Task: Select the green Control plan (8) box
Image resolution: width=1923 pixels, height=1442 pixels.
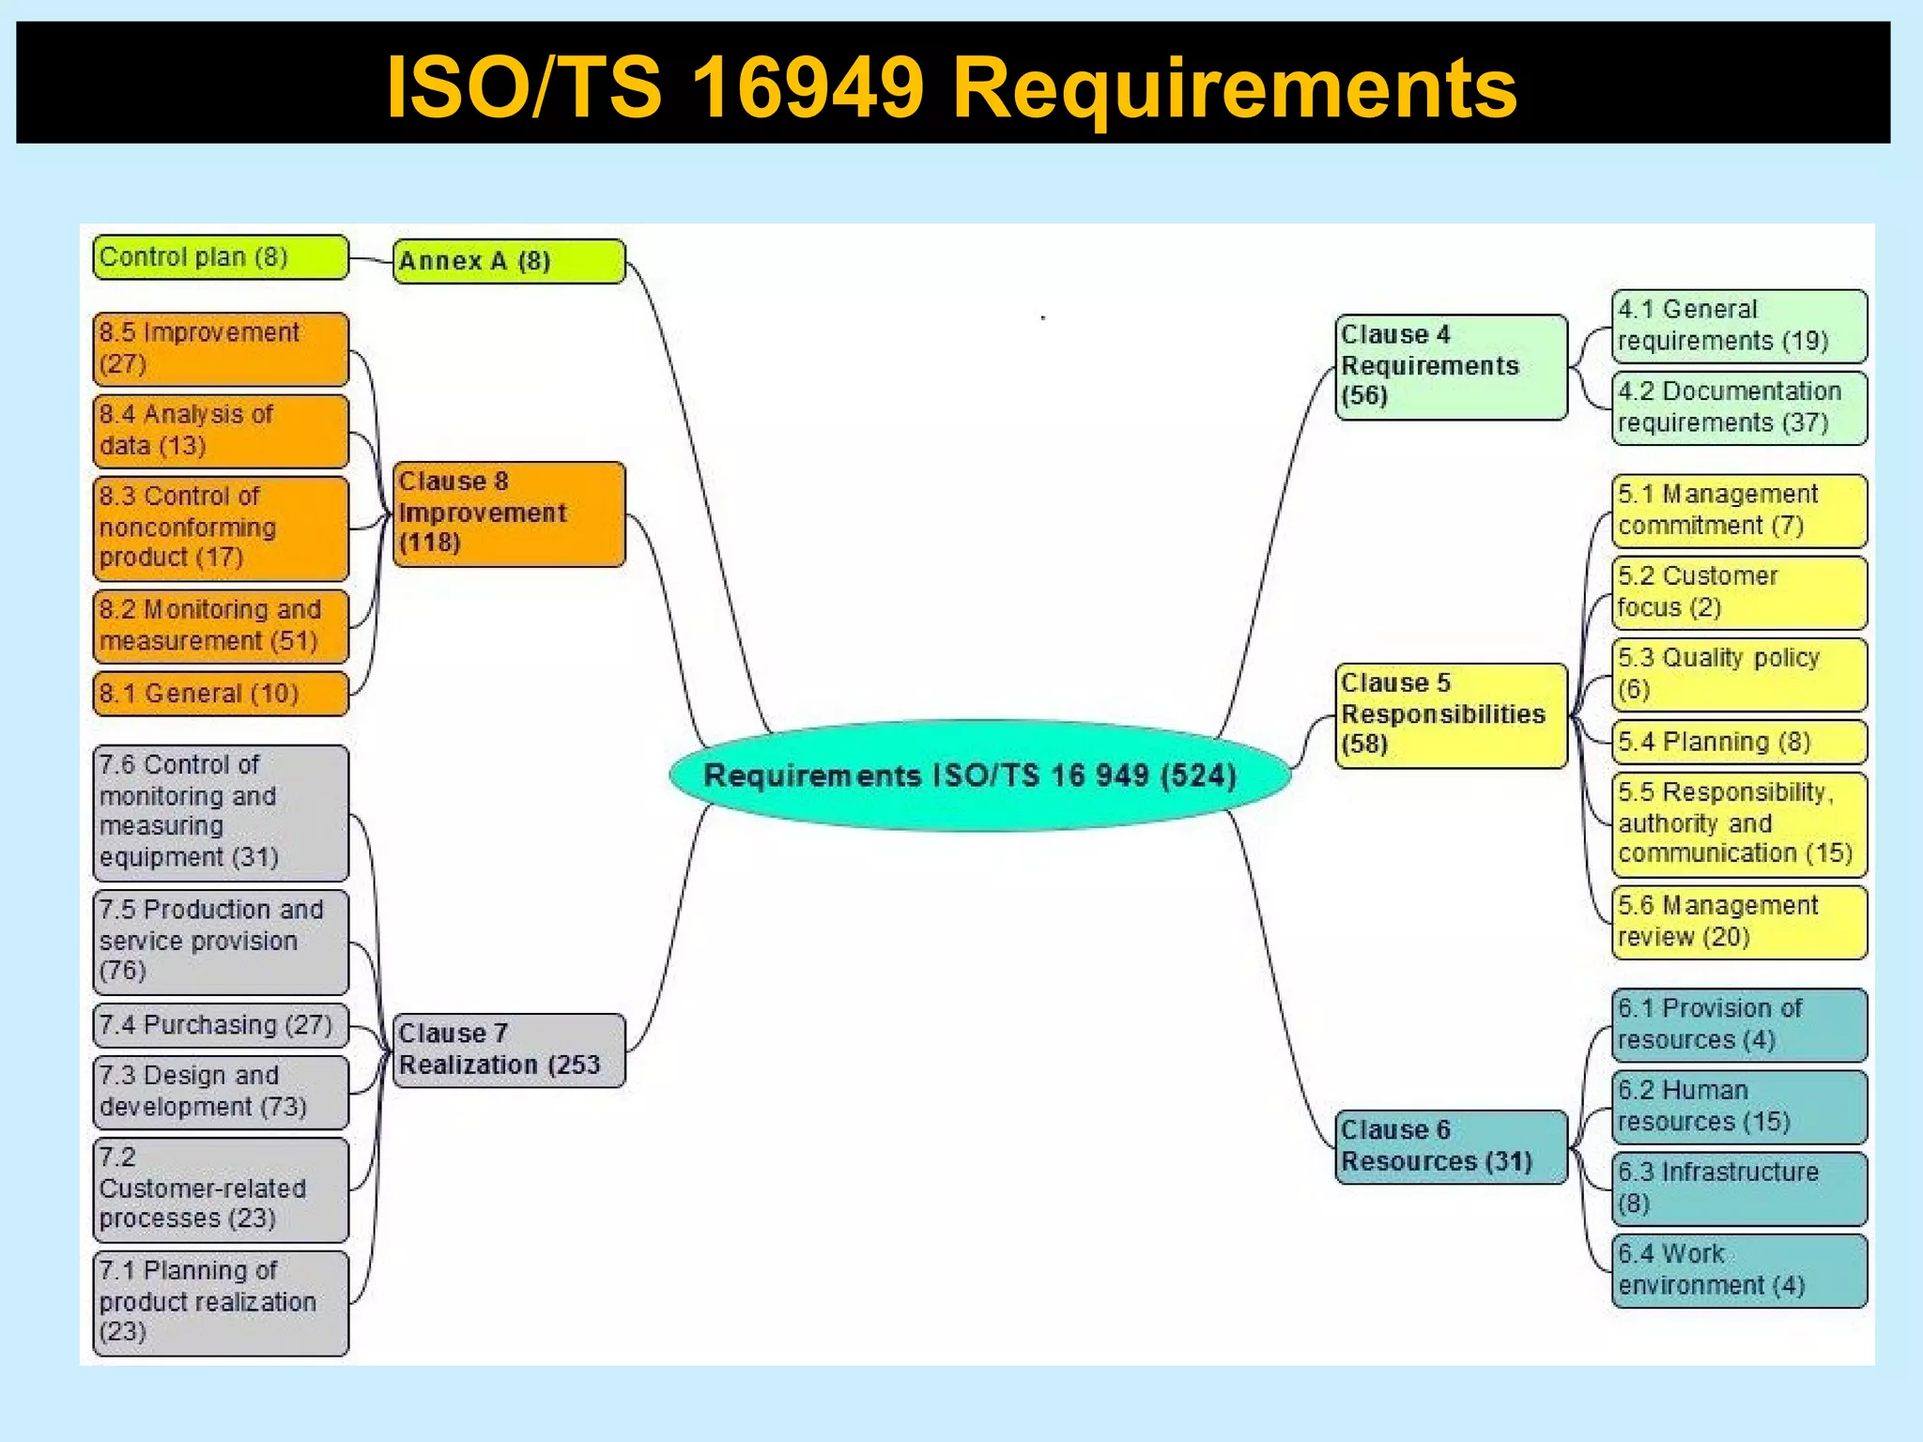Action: (x=221, y=257)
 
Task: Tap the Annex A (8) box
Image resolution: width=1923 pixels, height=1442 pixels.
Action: (x=509, y=261)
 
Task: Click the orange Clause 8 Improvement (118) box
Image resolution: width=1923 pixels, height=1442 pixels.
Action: (x=509, y=514)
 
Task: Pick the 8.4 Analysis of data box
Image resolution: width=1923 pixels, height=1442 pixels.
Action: (x=221, y=431)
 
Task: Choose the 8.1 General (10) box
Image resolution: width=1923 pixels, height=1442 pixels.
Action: (x=221, y=694)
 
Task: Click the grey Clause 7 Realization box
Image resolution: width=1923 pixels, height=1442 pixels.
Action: (x=509, y=1050)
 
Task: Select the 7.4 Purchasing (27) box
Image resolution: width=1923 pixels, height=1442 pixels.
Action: (x=221, y=1025)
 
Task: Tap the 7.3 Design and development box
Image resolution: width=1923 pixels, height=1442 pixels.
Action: (x=221, y=1091)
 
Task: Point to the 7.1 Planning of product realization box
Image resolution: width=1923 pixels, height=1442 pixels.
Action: (x=221, y=1302)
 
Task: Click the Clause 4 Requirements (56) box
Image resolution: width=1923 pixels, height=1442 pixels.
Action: (x=1451, y=366)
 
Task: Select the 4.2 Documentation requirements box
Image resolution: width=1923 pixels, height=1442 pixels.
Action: (x=1739, y=407)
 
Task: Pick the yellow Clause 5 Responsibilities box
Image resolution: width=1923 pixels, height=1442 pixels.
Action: (x=1451, y=714)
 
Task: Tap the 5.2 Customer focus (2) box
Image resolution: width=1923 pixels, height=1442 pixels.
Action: (x=1739, y=592)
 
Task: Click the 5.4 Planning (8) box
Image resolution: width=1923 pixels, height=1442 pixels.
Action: (x=1739, y=742)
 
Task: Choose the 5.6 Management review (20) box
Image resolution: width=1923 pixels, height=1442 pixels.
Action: (x=1739, y=922)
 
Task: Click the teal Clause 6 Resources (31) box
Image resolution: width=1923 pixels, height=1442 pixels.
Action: (x=1451, y=1146)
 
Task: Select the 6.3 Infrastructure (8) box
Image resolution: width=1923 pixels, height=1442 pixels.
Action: (x=1739, y=1189)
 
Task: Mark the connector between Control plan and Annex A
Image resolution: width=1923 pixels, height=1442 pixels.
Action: (x=371, y=260)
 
